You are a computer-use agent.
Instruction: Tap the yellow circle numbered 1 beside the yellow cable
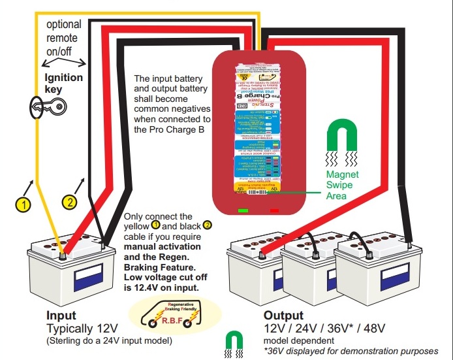tap(23, 205)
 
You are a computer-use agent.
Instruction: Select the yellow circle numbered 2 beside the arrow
tap(70, 202)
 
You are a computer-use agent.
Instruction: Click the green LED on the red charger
tap(243, 210)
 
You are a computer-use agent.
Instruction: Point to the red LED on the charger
tap(274, 210)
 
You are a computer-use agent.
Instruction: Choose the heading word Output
tap(284, 315)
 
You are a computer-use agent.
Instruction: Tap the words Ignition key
tap(63, 83)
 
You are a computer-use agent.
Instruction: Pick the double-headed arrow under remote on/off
tap(63, 63)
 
